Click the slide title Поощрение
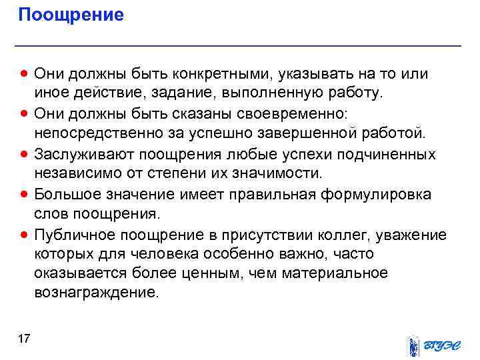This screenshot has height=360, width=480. [71, 15]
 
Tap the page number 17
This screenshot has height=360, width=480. [24, 341]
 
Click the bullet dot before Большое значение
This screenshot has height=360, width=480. [25, 195]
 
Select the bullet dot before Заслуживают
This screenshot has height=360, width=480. [25, 155]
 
